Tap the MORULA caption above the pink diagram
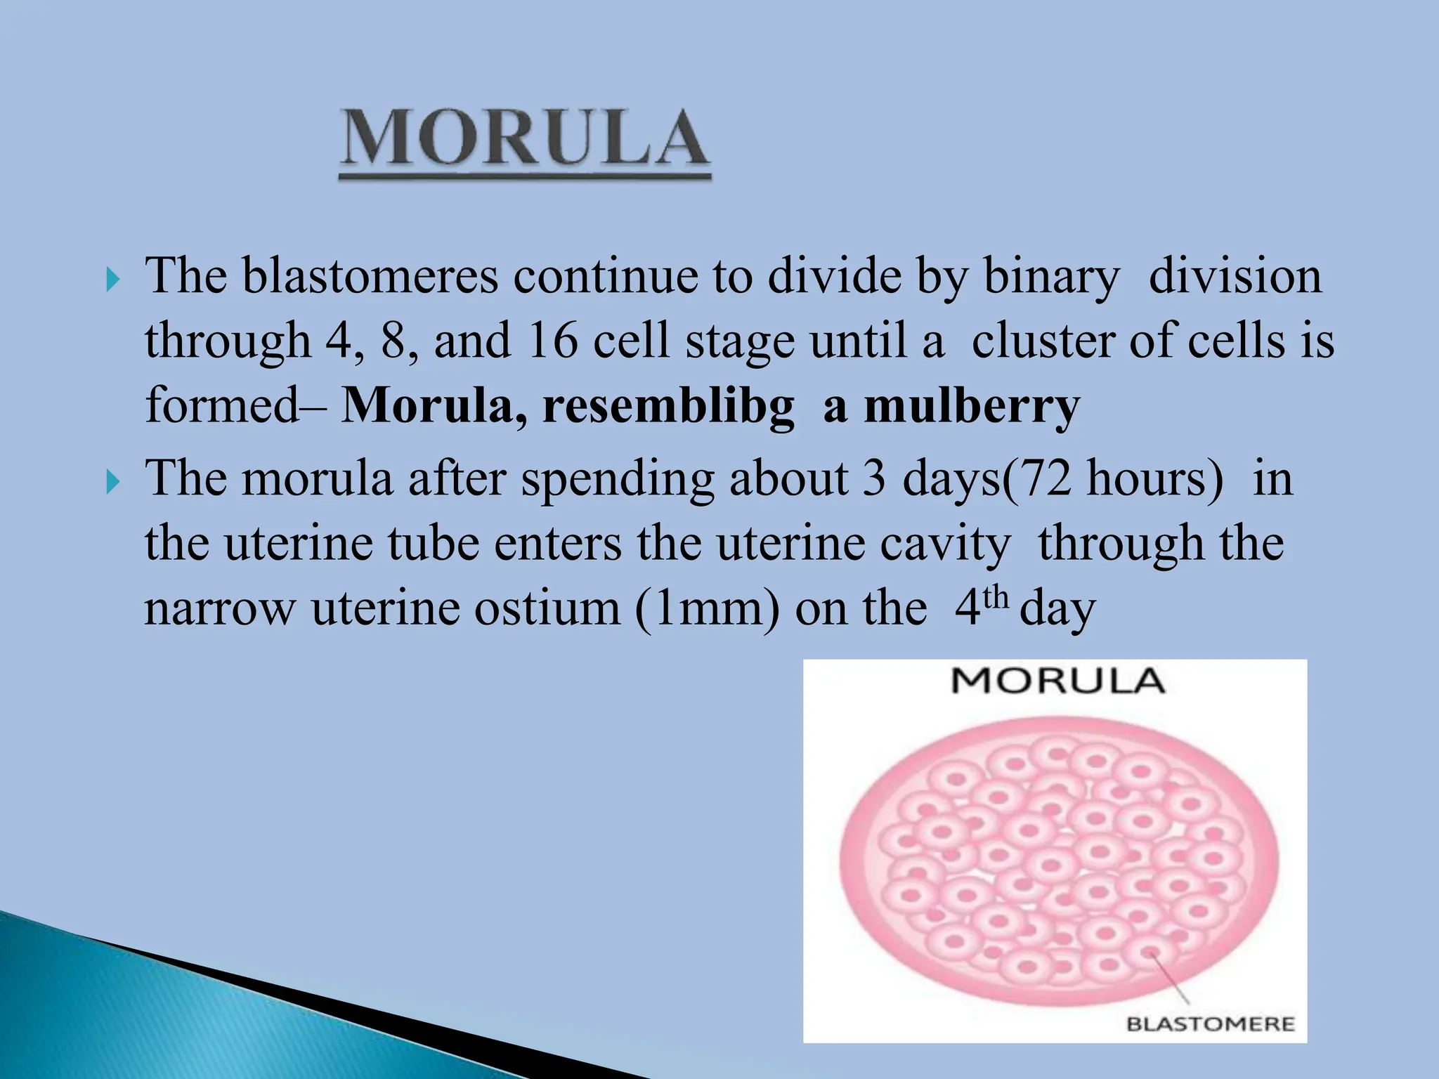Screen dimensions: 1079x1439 (x=1057, y=681)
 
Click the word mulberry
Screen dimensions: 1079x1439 (x=972, y=407)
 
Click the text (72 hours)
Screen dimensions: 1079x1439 (x=1112, y=479)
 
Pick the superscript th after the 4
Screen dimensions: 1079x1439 (x=996, y=598)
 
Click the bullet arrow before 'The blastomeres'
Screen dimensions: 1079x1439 (x=112, y=282)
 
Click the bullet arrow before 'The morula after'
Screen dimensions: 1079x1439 (x=112, y=484)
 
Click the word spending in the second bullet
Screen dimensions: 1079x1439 (x=618, y=480)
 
